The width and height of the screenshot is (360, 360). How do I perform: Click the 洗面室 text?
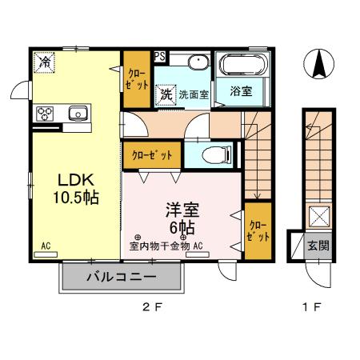pos(194,94)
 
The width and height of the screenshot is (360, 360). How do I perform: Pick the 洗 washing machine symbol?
pos(166,94)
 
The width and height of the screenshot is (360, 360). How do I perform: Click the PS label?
pos(160,56)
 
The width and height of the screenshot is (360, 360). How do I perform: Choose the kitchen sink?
pos(78,112)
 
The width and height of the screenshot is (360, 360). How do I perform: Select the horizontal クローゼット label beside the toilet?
pos(150,154)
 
